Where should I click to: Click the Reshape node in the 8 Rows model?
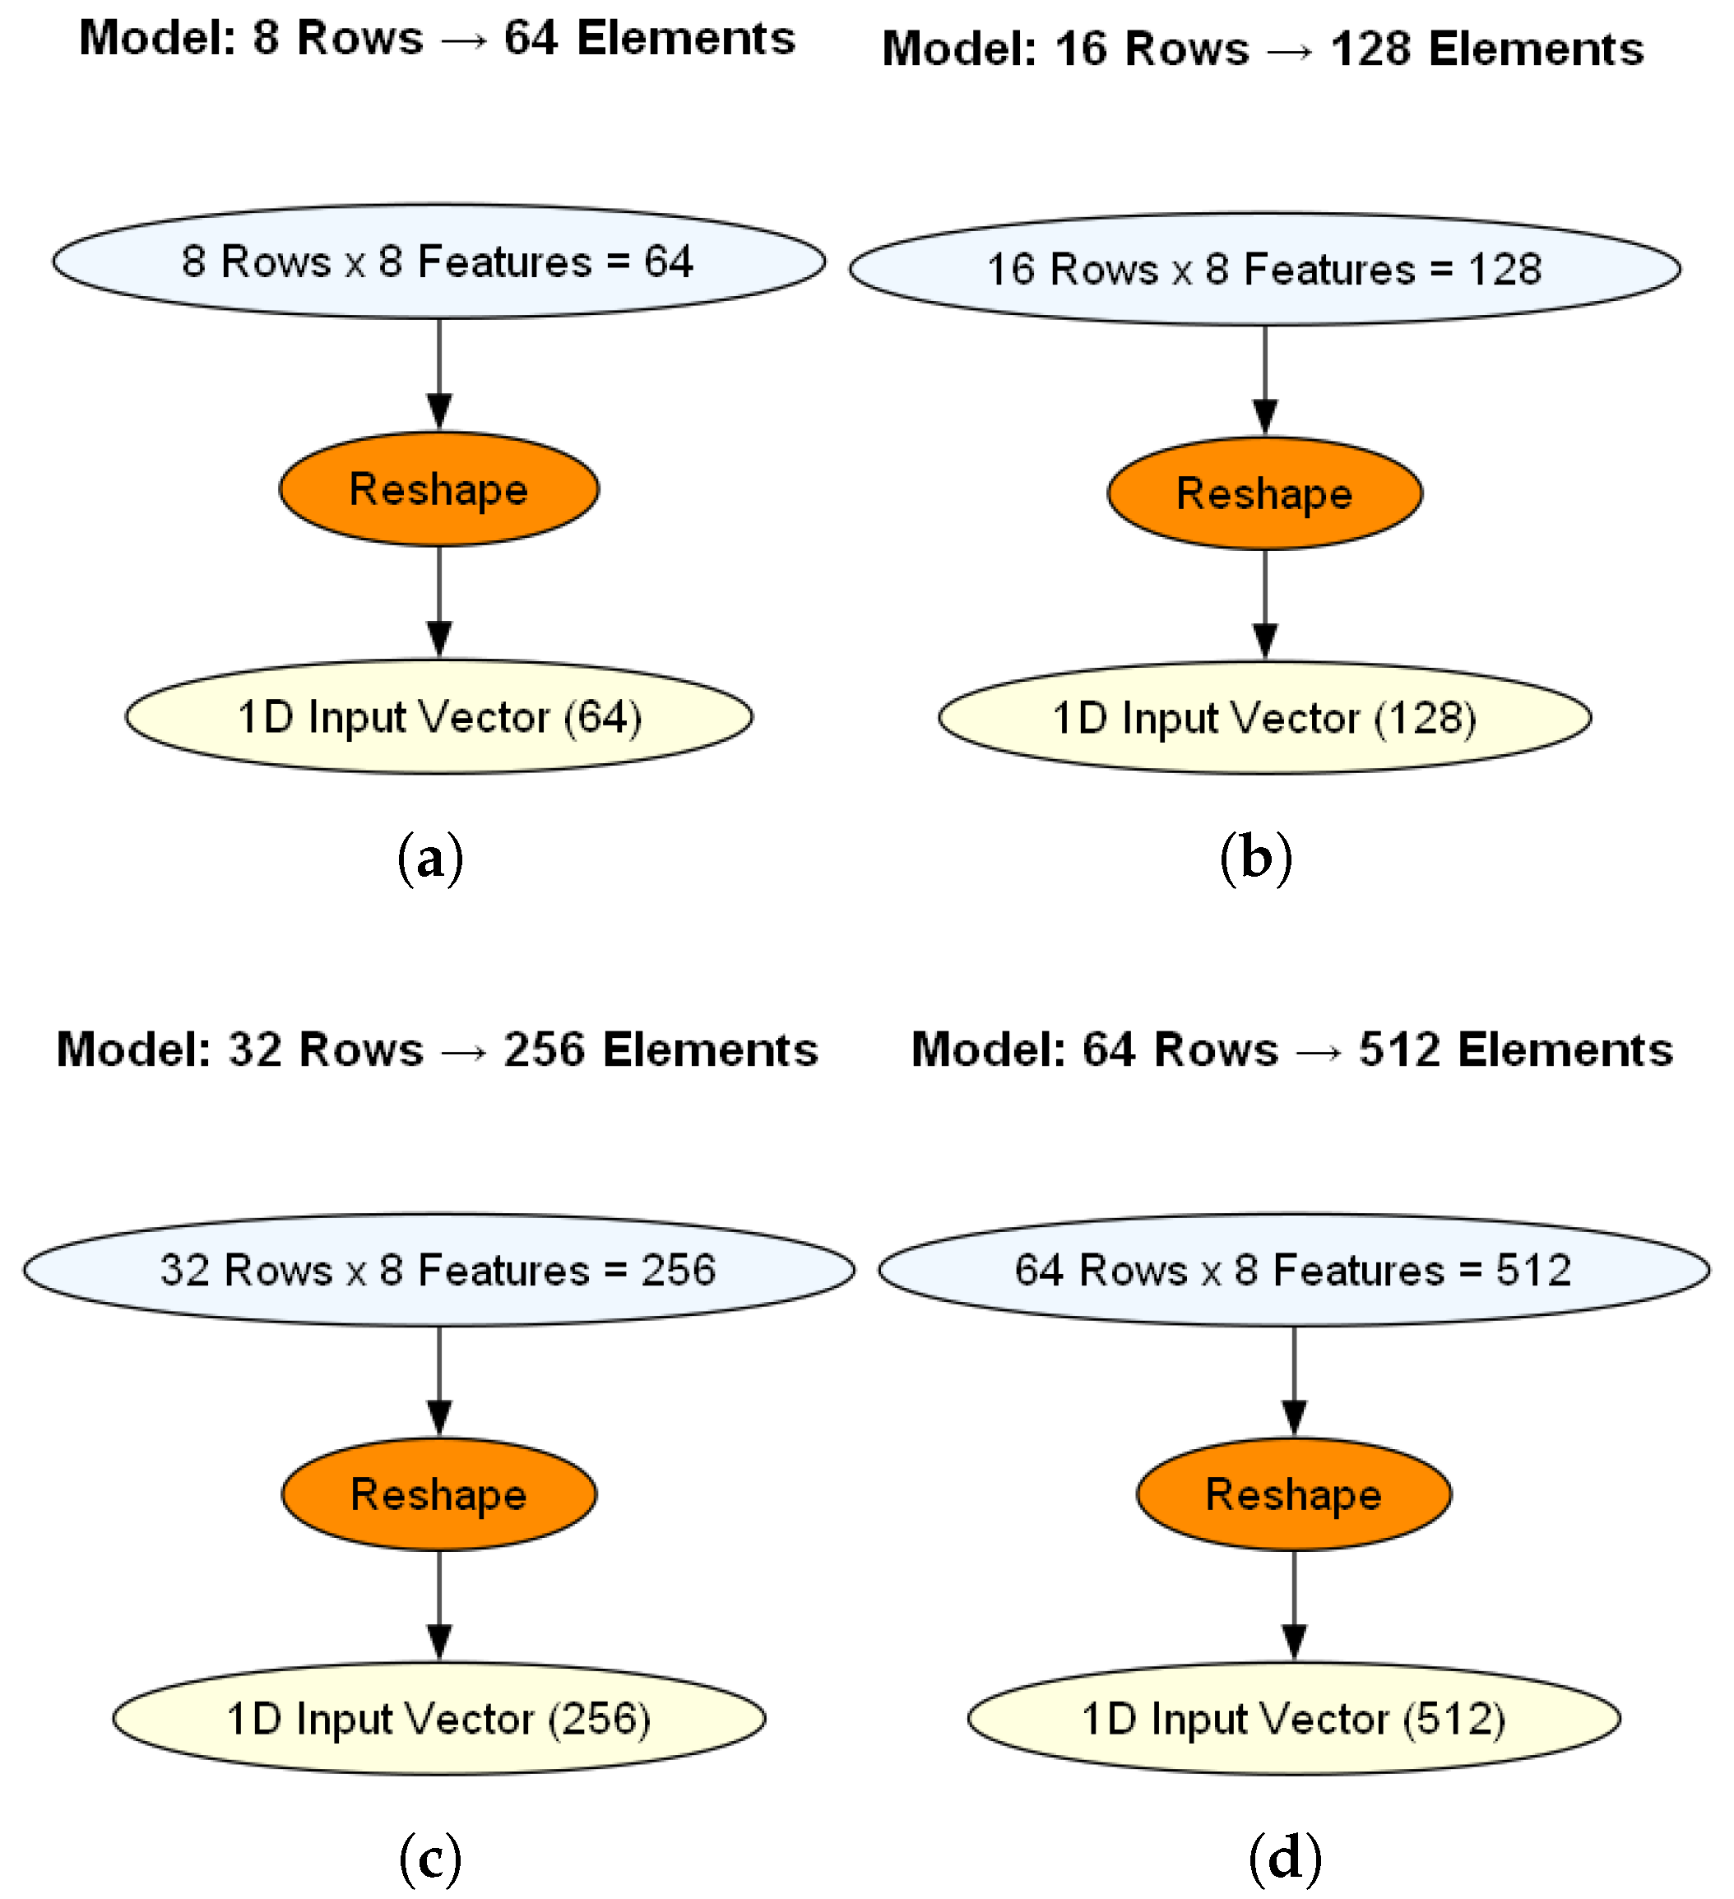439,489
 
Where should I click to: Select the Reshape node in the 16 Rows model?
1264,493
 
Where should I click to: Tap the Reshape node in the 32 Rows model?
439,1494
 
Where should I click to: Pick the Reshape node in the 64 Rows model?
1293,1494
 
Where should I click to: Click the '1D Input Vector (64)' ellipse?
439,717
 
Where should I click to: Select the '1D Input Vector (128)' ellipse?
1264,718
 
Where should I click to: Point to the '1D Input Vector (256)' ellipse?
439,1718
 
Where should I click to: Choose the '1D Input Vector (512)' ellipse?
1293,1718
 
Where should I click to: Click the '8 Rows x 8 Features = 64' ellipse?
439,262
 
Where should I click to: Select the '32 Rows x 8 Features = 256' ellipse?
439,1270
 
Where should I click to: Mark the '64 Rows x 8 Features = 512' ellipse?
1293,1270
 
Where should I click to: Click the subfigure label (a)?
430,858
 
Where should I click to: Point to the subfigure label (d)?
1285,1859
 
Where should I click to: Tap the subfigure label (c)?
430,1859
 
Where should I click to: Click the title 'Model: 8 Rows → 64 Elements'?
437,39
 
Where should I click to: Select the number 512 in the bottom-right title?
1398,1049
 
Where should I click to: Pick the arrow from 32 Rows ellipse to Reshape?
439,1381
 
